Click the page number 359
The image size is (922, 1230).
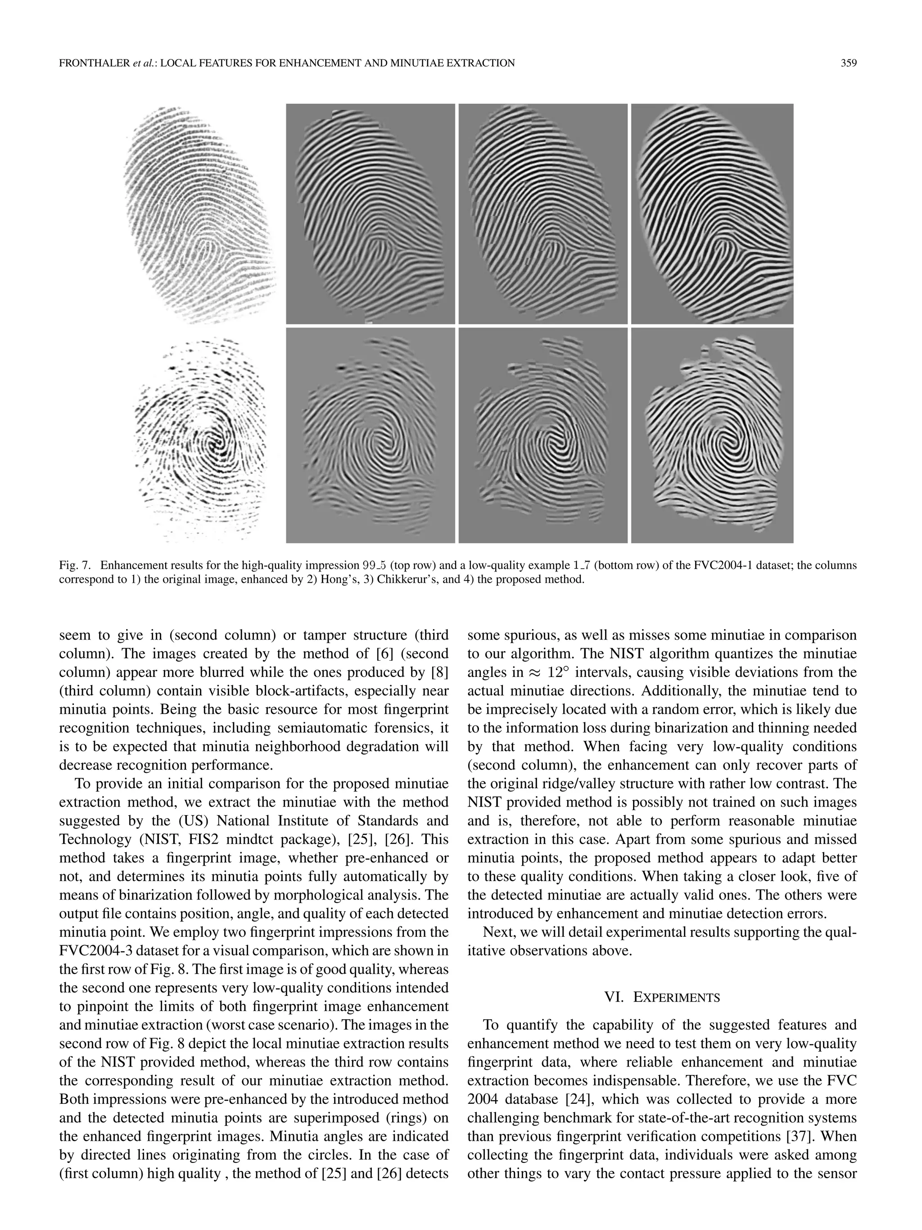(x=848, y=64)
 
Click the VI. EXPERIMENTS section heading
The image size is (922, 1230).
(x=661, y=998)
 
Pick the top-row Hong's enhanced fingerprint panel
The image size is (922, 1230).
(x=370, y=214)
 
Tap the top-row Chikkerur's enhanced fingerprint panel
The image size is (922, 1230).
(x=542, y=214)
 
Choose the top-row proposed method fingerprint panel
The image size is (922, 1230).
(x=712, y=214)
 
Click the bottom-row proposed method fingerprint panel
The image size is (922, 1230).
(x=712, y=436)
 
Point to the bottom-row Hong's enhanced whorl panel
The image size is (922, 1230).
(x=370, y=436)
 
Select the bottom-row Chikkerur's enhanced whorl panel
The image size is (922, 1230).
(x=542, y=436)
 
